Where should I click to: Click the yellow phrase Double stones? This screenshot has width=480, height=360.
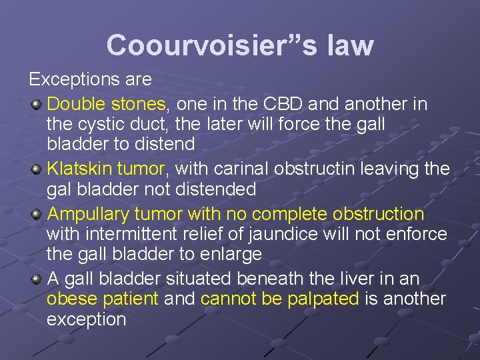[x=107, y=105]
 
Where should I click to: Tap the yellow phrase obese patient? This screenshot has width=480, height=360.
[x=103, y=299]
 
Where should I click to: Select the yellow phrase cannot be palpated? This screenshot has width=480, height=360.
[x=279, y=299]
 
